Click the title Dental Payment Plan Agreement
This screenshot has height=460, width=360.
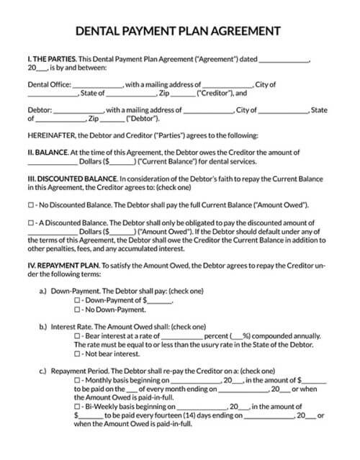[x=179, y=31]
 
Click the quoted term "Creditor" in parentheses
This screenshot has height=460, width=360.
[x=214, y=93]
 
